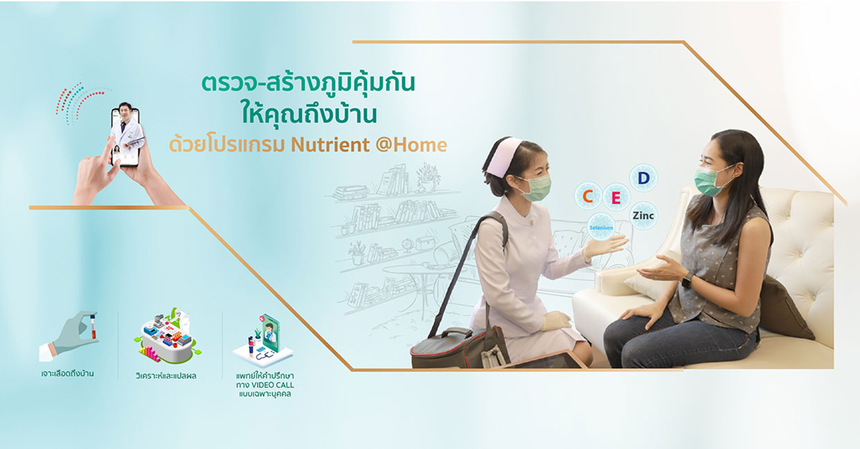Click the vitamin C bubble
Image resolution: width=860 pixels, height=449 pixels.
click(x=588, y=196)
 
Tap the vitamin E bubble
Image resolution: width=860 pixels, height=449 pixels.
click(x=616, y=197)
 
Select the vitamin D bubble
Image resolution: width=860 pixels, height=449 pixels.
click(x=643, y=178)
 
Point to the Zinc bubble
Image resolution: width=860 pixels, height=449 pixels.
click(x=643, y=216)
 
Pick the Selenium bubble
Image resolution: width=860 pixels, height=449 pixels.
click(x=601, y=227)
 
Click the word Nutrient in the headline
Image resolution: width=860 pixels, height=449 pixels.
click(x=330, y=145)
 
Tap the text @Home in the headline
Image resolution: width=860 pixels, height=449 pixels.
click(x=411, y=145)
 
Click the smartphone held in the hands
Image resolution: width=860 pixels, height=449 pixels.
click(x=125, y=137)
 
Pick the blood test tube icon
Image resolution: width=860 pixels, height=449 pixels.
click(x=93, y=327)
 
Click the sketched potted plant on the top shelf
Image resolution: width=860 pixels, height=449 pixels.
click(x=428, y=176)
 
